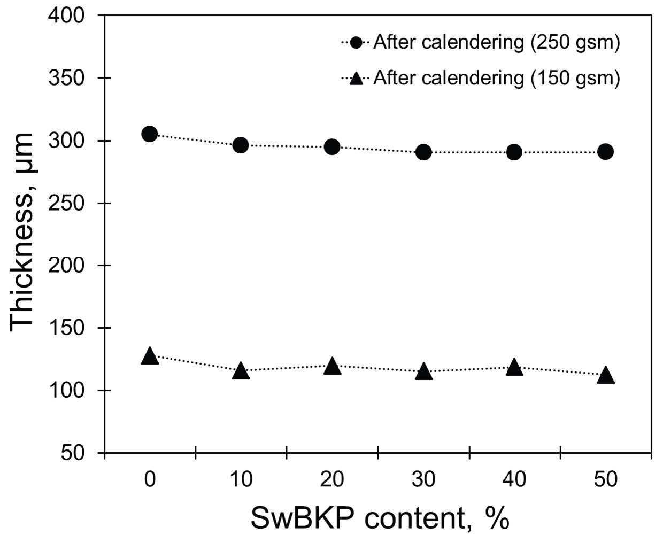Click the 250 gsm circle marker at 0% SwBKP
150,134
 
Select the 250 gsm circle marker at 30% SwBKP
423,152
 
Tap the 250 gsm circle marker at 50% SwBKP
605,152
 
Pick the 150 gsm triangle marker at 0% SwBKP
150,356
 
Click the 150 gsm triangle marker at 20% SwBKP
332,366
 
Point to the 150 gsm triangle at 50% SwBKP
605,375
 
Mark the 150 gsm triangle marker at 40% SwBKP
514,367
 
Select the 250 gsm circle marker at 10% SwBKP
241,145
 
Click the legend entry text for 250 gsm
496,42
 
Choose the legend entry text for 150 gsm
496,79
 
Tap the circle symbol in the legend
356,42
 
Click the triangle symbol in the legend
356,79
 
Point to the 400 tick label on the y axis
66,15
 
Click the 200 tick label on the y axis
66,265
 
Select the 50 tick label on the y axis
73,453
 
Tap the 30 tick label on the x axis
423,479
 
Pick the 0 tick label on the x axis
150,479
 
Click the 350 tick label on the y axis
66,78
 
